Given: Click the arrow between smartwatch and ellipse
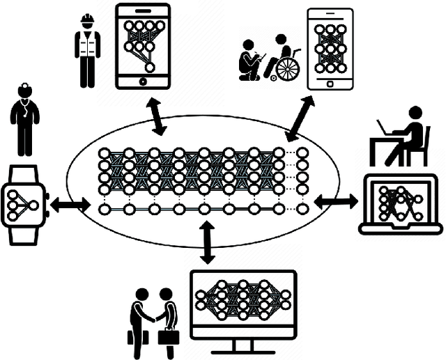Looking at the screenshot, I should (x=70, y=205).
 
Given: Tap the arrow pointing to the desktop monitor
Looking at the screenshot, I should (x=207, y=243).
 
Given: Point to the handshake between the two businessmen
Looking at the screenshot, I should (x=155, y=318).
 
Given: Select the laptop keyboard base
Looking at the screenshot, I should (x=401, y=228).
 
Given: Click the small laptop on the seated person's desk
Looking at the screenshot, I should (x=384, y=128).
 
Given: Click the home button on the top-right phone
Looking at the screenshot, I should (x=329, y=81).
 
